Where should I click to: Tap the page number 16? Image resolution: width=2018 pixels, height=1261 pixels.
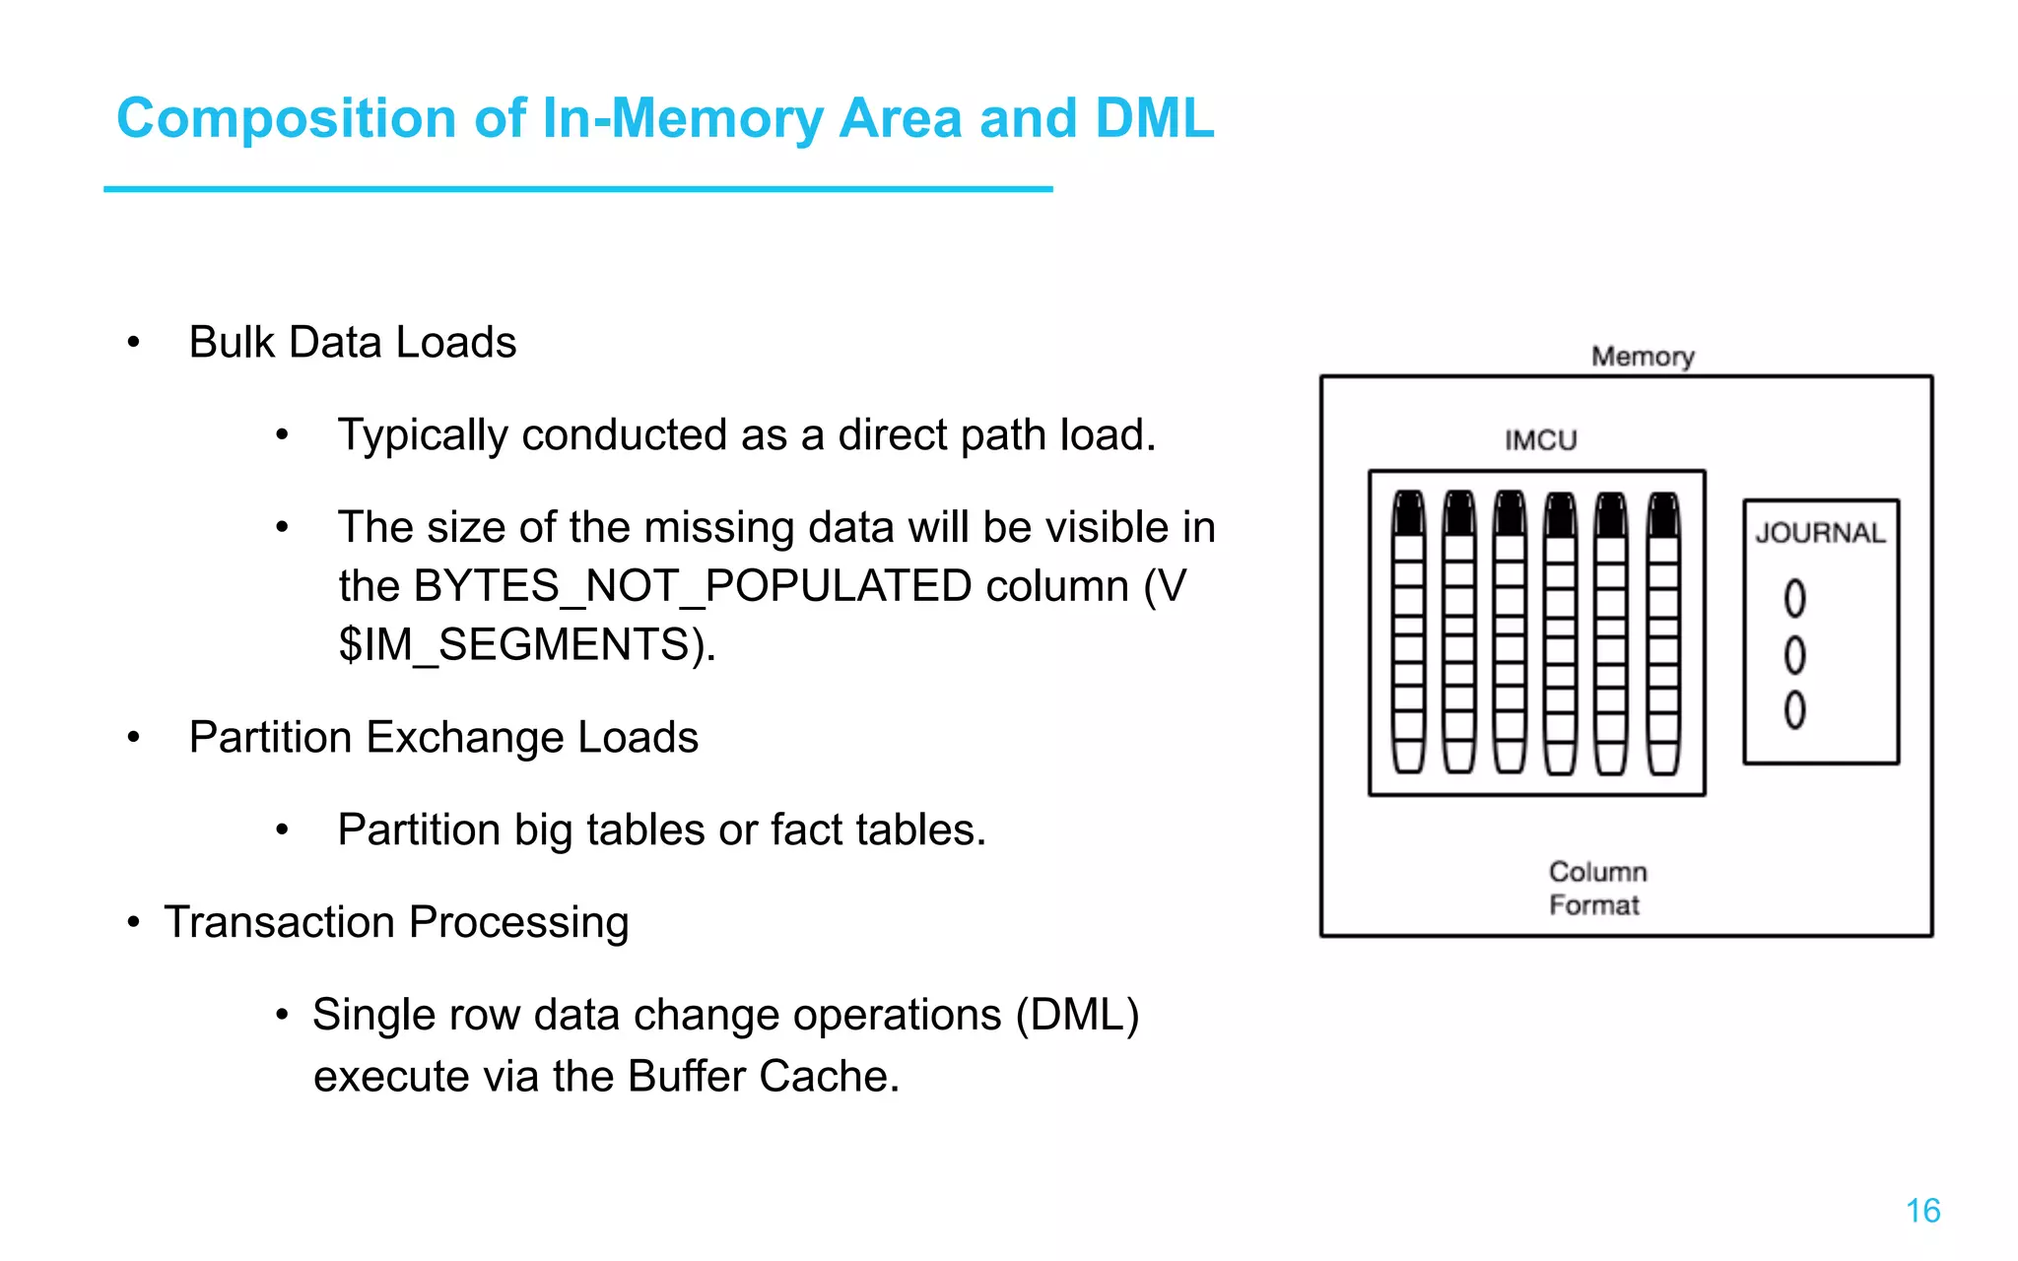click(x=1922, y=1211)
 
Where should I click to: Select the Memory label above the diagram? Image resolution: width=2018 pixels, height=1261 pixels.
click(x=1643, y=357)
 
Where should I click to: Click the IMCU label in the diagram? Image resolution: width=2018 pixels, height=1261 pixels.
click(x=1540, y=440)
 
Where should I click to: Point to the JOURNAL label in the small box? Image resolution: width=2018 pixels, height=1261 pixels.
click(x=1820, y=533)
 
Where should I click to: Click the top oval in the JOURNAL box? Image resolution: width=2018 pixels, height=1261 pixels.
click(x=1795, y=598)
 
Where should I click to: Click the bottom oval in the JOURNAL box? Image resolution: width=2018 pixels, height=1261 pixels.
click(x=1795, y=709)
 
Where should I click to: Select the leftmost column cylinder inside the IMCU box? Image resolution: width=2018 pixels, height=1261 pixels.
click(x=1409, y=631)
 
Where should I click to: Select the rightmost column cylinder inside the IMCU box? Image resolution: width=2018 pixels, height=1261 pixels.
click(x=1663, y=631)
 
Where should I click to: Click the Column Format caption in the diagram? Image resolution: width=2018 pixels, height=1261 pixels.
click(x=1596, y=888)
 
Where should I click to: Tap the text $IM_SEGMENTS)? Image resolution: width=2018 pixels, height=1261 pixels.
click(x=526, y=645)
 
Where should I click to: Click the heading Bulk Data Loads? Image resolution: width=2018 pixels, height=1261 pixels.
click(x=352, y=343)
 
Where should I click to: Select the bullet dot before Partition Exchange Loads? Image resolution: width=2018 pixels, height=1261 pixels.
click(x=134, y=738)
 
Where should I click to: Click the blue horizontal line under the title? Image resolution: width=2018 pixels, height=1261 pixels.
click(x=577, y=188)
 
